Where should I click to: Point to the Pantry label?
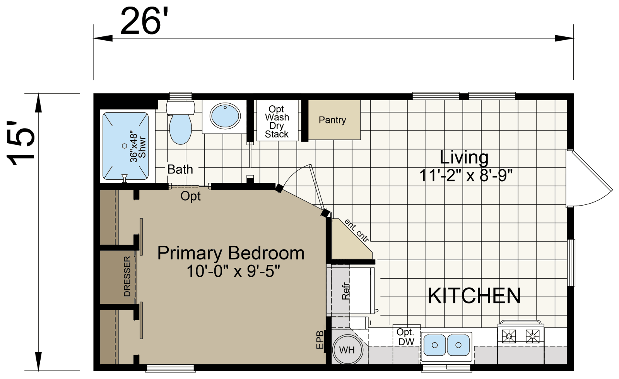pyautogui.click(x=332, y=120)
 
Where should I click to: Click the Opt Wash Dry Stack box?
pyautogui.click(x=277, y=122)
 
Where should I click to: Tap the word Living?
pyautogui.click(x=464, y=157)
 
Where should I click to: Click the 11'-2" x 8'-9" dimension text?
pyautogui.click(x=466, y=176)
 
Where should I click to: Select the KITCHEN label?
pyautogui.click(x=474, y=296)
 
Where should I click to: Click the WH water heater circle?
pyautogui.click(x=347, y=350)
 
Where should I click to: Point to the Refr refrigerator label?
pyautogui.click(x=345, y=291)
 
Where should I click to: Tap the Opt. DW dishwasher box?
pyautogui.click(x=405, y=337)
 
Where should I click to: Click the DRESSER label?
pyautogui.click(x=127, y=276)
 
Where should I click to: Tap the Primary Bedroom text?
pyautogui.click(x=231, y=253)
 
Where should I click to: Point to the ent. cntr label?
pyautogui.click(x=356, y=231)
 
